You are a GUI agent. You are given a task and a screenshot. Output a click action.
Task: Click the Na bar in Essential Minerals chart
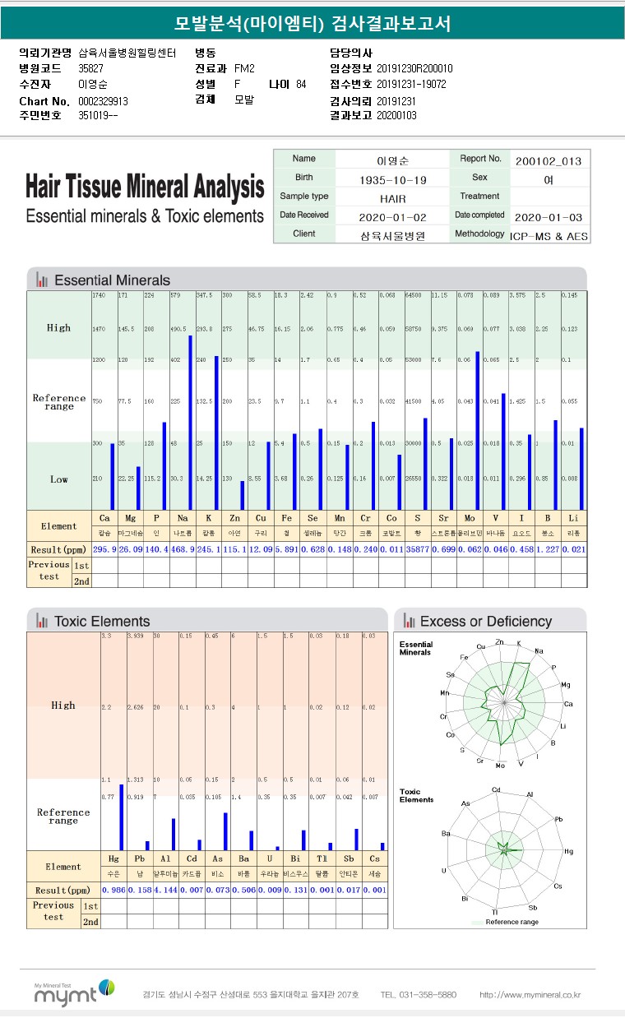[x=191, y=422]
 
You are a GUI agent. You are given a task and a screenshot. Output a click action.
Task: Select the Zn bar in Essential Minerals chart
[x=242, y=495]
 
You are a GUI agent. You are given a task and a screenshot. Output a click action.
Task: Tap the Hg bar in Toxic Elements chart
[x=121, y=817]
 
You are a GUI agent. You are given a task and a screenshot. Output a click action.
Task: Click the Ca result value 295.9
[x=104, y=549]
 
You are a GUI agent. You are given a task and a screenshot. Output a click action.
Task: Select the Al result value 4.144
[x=165, y=890]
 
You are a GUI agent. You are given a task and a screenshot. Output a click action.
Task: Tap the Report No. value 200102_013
[x=549, y=160]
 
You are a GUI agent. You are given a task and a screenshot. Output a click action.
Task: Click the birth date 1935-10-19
[x=392, y=179]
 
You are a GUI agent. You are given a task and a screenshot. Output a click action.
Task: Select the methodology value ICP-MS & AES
[x=549, y=236]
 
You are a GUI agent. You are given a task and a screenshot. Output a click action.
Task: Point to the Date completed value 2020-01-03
[x=549, y=217]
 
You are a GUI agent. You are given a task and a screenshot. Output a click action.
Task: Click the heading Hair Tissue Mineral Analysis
[x=145, y=187]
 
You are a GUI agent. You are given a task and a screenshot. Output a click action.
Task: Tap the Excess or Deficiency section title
[x=486, y=622]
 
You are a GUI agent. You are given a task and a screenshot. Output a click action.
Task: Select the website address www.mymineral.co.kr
[x=530, y=994]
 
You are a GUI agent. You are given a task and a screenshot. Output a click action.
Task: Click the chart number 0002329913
[x=103, y=101]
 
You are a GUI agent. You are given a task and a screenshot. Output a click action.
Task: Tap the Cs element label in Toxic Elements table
[x=374, y=858]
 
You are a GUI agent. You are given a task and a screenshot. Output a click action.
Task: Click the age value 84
[x=301, y=85]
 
